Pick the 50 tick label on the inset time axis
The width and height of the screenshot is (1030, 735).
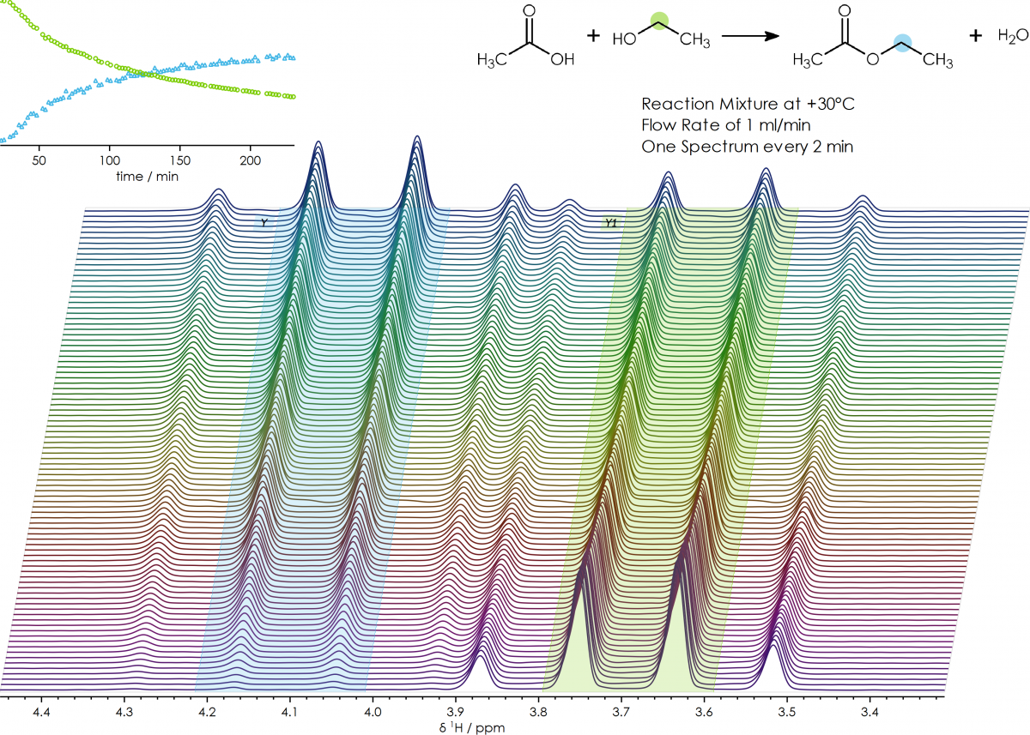39,160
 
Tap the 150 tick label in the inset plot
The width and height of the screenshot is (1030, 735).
179,160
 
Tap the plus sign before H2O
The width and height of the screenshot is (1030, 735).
976,36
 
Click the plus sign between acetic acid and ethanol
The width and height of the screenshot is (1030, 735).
593,36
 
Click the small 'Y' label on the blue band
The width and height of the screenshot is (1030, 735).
264,223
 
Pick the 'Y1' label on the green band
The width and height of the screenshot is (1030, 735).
610,223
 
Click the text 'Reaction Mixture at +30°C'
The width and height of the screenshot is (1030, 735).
748,104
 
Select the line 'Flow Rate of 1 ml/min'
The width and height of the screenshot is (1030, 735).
726,125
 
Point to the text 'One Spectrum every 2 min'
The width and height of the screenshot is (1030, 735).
747,147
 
